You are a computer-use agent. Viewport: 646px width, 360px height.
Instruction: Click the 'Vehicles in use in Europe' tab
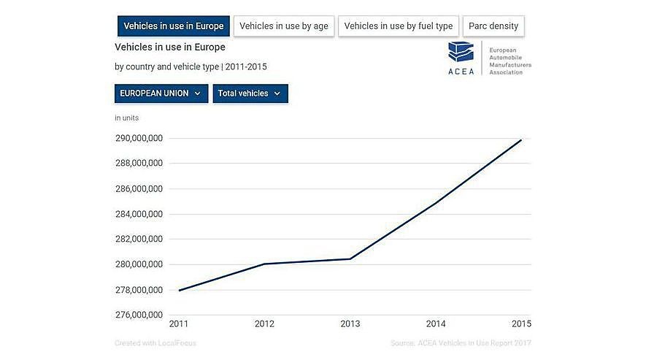[x=174, y=26]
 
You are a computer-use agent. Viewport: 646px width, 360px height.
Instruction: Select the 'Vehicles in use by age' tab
[x=284, y=26]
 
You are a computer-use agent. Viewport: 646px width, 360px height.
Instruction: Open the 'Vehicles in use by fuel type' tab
[x=398, y=26]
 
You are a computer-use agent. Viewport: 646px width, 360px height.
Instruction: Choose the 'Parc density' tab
[x=493, y=26]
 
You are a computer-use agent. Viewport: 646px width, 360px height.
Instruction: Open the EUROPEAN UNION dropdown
[x=161, y=93]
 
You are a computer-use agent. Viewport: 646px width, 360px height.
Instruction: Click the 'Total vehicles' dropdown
[x=250, y=93]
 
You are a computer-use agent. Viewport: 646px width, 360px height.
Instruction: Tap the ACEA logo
[x=461, y=58]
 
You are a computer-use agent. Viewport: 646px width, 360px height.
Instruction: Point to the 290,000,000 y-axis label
[x=139, y=138]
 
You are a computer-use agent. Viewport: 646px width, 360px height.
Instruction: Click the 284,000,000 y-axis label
[x=139, y=214]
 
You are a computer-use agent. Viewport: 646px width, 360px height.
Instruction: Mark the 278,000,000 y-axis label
[x=139, y=290]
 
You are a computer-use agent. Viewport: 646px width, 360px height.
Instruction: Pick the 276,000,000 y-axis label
[x=139, y=315]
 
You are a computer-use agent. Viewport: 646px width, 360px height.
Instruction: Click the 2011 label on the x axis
[x=178, y=323]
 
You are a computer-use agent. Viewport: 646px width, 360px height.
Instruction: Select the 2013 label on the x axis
[x=350, y=323]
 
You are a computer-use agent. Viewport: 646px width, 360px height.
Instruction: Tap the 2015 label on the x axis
[x=521, y=323]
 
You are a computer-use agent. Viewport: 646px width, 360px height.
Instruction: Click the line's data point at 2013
[x=350, y=258]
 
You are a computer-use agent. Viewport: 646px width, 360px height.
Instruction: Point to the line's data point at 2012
[x=264, y=264]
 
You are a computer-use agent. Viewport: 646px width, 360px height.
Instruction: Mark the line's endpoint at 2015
[x=521, y=139]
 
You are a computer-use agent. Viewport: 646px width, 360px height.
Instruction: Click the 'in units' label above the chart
[x=126, y=117]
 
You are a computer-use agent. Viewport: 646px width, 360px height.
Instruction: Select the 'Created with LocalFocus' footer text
[x=155, y=343]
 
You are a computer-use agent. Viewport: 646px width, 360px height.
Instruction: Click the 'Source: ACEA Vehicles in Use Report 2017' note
[x=461, y=343]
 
